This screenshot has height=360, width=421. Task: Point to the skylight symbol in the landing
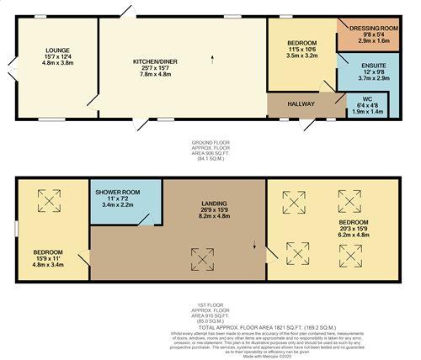201,256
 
